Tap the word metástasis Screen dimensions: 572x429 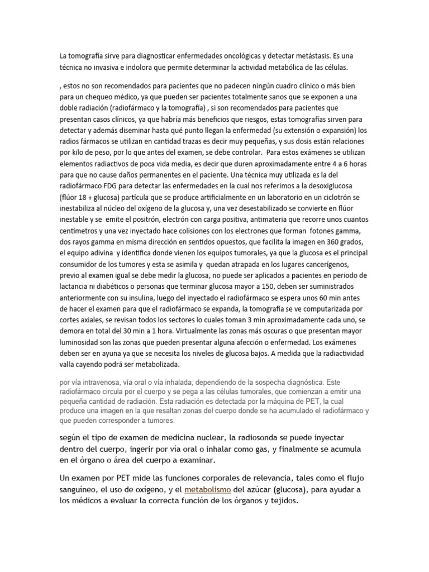pyautogui.click(x=306, y=56)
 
